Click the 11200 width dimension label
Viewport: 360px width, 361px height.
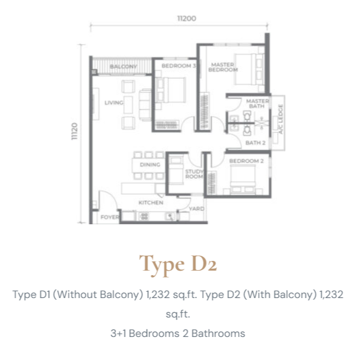(187, 18)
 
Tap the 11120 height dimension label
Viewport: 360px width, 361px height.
(74, 131)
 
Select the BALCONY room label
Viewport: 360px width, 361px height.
(124, 66)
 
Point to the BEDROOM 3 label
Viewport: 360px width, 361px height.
(179, 66)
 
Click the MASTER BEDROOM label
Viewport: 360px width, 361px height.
(223, 67)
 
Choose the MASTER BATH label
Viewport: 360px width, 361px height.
(258, 104)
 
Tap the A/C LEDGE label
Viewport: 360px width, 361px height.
(280, 119)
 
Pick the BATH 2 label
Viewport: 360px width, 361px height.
(255, 143)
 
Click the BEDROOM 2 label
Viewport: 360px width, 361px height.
(246, 161)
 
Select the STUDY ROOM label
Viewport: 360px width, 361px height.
(195, 174)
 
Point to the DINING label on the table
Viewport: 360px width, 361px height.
(150, 165)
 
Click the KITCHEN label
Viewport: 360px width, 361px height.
(151, 203)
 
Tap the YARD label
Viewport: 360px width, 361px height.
(196, 209)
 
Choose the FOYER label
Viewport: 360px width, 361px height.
(110, 217)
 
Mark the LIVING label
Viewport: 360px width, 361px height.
(114, 102)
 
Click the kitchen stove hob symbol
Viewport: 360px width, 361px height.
(144, 216)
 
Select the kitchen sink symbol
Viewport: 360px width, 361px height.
(170, 216)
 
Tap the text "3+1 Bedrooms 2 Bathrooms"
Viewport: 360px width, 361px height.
(178, 334)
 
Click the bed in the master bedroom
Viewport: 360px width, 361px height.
(249, 69)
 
